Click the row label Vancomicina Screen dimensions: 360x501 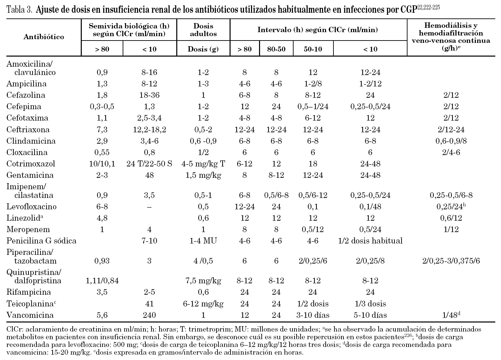point(30,315)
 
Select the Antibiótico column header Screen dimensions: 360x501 point(44,37)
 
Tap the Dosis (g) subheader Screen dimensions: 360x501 point(203,49)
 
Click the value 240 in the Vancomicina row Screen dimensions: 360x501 point(149,315)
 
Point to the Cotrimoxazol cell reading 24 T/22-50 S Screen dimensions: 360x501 point(149,164)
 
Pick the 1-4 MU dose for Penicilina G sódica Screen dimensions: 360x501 point(203,241)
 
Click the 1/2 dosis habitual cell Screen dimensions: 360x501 point(370,241)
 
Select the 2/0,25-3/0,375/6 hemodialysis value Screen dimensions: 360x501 point(451,261)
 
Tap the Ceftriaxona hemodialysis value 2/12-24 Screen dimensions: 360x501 point(451,130)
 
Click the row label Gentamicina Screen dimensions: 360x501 point(30,175)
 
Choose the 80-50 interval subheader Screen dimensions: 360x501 point(276,49)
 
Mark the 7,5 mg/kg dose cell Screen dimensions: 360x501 point(203,281)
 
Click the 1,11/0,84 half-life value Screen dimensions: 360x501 point(102,281)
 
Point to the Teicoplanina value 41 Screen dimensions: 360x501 point(149,304)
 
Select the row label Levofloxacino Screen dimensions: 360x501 point(32,207)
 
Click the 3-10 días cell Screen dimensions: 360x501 point(313,315)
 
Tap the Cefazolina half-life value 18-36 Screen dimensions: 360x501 point(149,95)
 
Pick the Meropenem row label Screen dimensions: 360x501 point(28,229)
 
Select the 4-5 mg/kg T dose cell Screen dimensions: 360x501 point(203,164)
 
